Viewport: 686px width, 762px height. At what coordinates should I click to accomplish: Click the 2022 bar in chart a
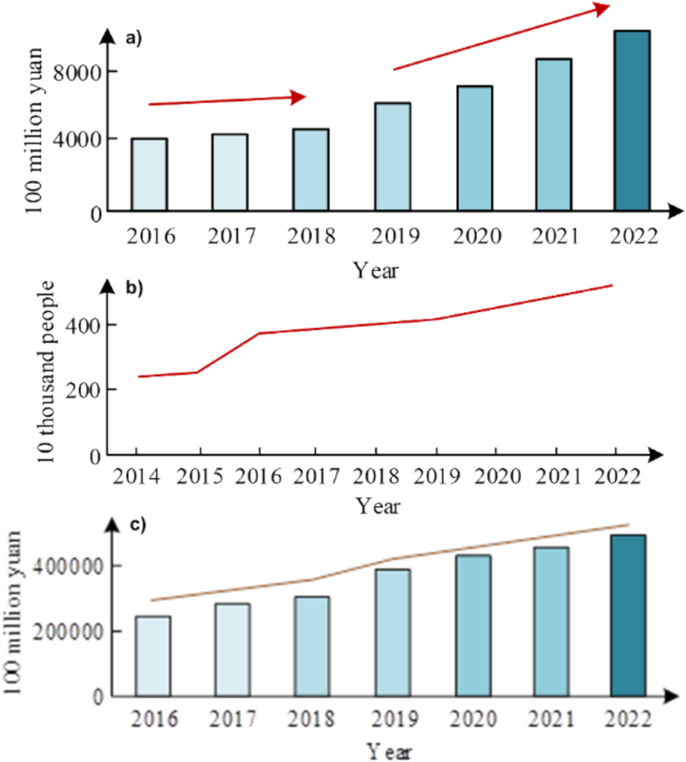(632, 121)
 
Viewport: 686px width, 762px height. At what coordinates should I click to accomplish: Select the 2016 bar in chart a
(149, 174)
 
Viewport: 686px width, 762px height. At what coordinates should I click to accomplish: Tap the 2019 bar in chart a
(392, 157)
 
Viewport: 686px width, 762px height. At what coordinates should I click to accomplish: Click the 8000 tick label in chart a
(77, 73)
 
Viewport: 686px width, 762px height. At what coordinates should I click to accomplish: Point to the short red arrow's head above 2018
(299, 97)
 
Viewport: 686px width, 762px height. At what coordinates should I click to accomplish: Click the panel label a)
(133, 39)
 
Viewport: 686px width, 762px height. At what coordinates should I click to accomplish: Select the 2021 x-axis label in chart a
(555, 236)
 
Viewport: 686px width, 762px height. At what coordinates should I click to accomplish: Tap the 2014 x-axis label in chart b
(136, 476)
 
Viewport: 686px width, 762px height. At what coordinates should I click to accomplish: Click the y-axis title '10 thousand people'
(46, 372)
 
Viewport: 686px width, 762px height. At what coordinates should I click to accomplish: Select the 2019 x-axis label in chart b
(436, 476)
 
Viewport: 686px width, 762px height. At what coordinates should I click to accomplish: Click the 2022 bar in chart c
(628, 616)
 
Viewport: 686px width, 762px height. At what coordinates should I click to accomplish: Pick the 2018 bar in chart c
(312, 646)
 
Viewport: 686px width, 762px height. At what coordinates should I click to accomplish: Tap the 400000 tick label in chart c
(68, 567)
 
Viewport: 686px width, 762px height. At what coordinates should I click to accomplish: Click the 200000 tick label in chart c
(68, 632)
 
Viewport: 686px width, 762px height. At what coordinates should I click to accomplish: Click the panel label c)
(138, 525)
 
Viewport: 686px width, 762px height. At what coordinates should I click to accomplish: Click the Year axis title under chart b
(377, 506)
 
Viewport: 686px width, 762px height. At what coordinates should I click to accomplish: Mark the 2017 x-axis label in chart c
(232, 719)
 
